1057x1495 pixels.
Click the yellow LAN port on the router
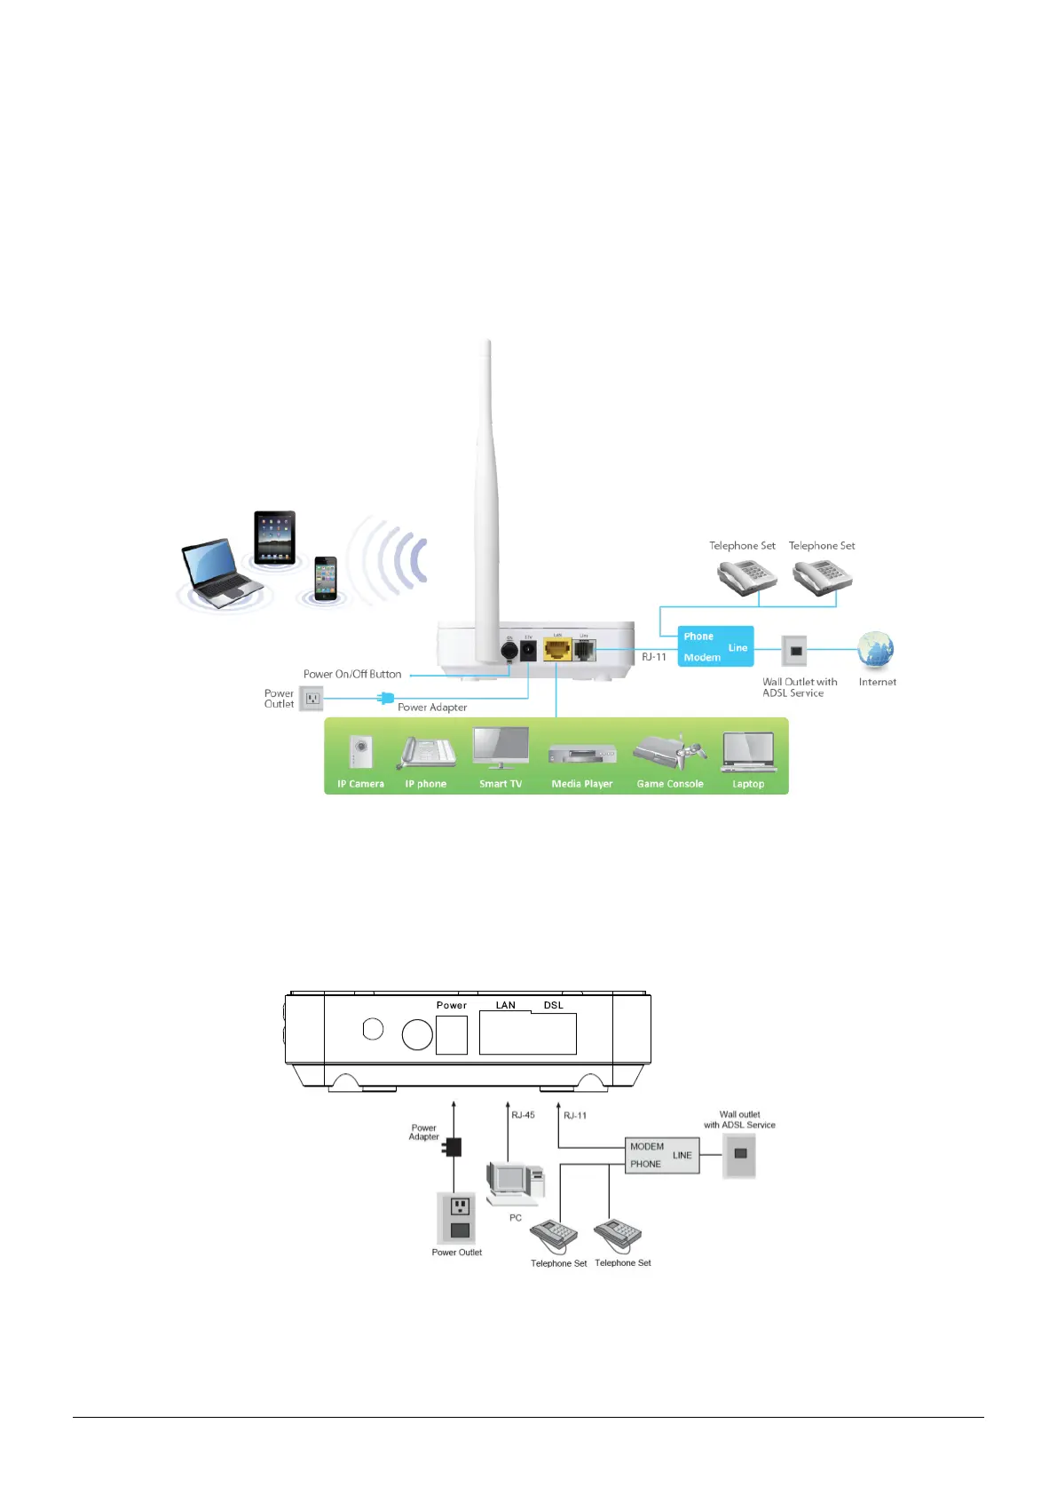(556, 650)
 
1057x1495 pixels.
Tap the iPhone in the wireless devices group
(326, 578)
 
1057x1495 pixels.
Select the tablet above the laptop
(274, 537)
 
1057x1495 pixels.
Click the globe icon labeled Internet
(876, 652)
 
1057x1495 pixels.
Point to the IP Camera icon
(360, 754)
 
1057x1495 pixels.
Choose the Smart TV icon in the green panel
(501, 748)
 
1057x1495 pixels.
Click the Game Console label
(670, 784)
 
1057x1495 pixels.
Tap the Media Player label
(582, 784)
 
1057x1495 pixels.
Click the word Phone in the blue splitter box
(698, 637)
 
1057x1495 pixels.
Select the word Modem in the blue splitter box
(702, 658)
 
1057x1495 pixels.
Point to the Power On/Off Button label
(352, 675)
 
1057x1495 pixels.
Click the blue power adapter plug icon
(385, 699)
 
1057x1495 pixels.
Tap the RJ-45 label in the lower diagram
(524, 1115)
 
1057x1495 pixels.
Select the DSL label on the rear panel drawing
(554, 1006)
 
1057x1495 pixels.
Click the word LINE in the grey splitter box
(682, 1156)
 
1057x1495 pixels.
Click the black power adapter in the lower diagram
(454, 1147)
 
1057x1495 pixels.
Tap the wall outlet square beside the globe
(795, 652)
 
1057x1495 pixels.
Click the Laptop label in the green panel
(748, 784)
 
